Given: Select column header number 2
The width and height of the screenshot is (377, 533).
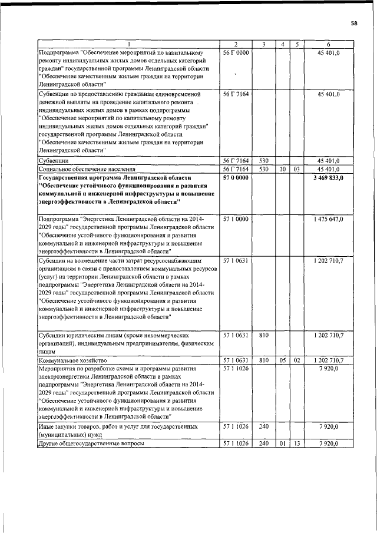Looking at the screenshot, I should coord(234,45).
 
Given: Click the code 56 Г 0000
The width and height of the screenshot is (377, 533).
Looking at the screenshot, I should coord(234,53).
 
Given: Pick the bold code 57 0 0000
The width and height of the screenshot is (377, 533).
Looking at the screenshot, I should coord(234,177).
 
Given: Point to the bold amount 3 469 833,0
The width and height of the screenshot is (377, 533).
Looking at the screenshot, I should coord(332,177).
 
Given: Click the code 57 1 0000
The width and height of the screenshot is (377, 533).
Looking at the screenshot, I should coord(234,219).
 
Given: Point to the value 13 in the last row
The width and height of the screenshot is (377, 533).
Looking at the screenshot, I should coord(297,443).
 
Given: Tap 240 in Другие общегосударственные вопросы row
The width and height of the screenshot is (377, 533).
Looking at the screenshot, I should coord(263,443).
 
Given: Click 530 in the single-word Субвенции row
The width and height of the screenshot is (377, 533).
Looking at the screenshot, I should coord(263,160).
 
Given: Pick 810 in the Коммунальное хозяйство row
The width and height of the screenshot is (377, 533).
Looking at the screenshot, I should coord(263,359).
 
